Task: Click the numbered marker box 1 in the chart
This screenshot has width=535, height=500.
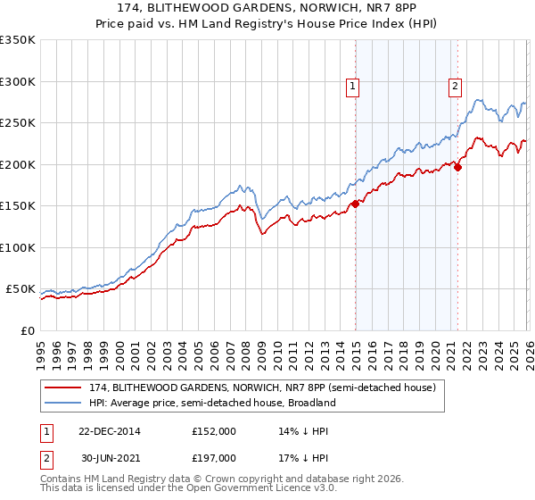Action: pos(353,87)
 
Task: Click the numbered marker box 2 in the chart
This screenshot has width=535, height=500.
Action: pos(455,87)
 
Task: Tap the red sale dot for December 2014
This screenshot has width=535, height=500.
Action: pos(355,204)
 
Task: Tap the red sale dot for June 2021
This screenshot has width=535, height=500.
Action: pos(457,166)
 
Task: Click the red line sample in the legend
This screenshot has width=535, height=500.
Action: pos(63,388)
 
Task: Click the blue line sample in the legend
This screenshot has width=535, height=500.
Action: pos(63,404)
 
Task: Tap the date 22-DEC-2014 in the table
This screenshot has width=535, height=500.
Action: pos(103,430)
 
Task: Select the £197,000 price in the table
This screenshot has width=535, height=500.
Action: pos(214,459)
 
